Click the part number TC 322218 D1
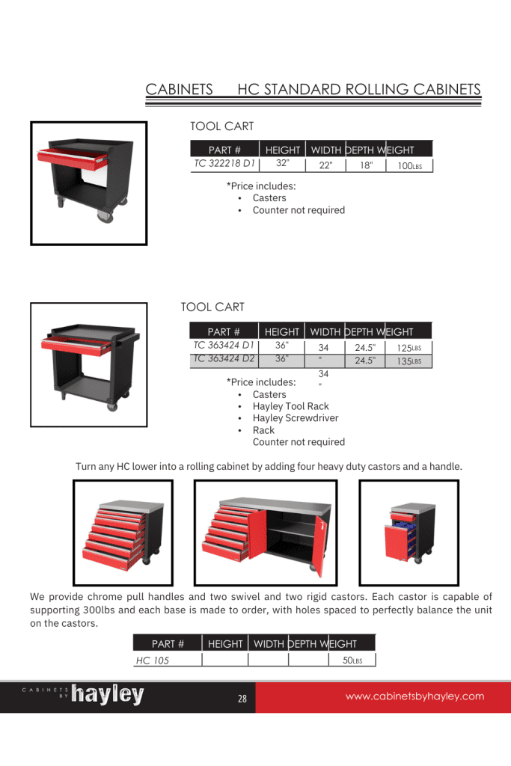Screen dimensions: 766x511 (x=224, y=162)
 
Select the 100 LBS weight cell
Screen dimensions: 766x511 (x=410, y=166)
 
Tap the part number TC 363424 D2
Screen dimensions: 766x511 (x=224, y=358)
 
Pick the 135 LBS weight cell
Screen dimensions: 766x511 (x=409, y=361)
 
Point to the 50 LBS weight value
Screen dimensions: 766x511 (x=352, y=661)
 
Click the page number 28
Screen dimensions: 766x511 (x=242, y=699)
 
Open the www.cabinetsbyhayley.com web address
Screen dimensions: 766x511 (x=414, y=696)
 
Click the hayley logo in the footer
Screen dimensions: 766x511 (x=107, y=696)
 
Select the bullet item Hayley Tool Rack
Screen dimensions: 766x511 (x=290, y=406)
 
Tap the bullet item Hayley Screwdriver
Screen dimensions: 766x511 (x=295, y=418)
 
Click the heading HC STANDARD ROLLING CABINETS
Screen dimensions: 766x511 (x=358, y=90)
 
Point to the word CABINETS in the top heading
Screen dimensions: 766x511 (x=180, y=90)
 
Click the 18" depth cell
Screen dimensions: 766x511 (x=366, y=166)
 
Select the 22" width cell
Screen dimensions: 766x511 (x=325, y=166)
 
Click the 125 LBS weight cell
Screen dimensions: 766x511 (x=409, y=349)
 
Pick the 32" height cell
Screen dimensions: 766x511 (x=282, y=162)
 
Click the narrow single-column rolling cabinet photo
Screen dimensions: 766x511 (x=409, y=532)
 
